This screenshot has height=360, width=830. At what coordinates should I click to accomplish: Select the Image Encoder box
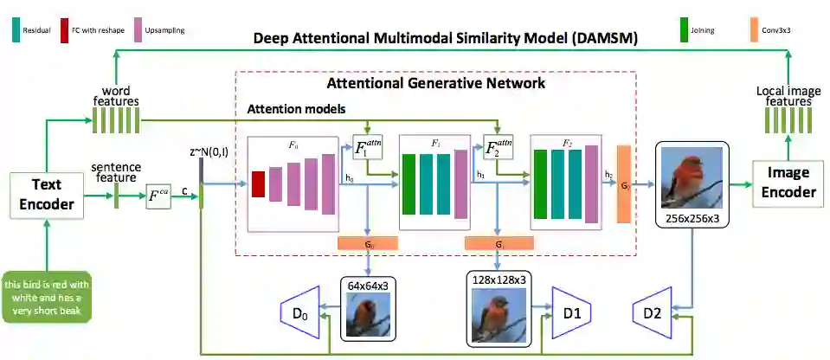[x=788, y=183]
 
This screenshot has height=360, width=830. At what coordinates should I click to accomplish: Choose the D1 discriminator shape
[x=569, y=312]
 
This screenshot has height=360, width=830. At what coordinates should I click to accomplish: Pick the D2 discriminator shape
[x=654, y=312]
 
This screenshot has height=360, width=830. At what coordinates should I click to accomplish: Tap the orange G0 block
[x=369, y=243]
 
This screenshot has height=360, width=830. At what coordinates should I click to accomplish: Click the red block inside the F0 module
[x=258, y=183]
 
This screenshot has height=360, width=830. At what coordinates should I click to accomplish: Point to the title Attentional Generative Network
[x=435, y=84]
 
